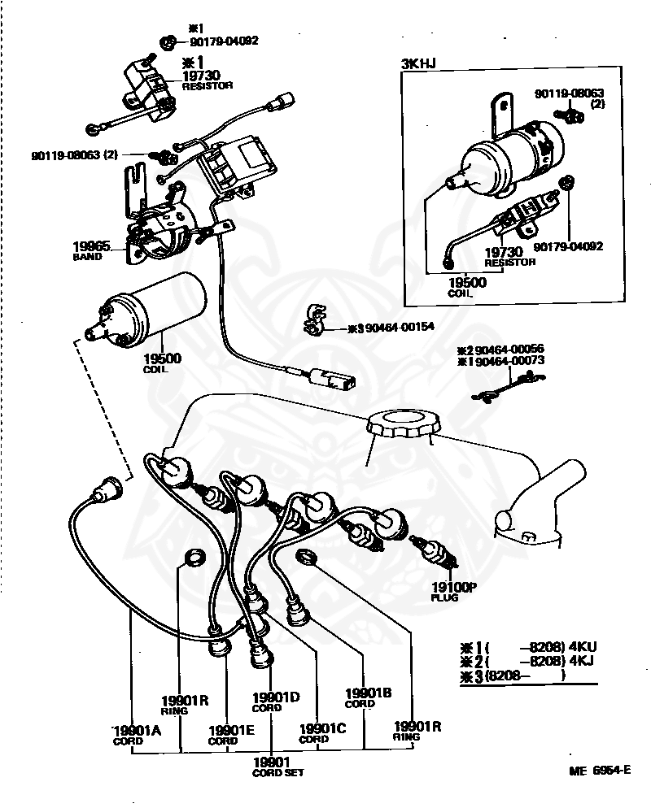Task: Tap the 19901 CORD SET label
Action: click(x=277, y=765)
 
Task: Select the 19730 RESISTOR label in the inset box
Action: click(x=509, y=256)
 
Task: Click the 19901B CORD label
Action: click(x=368, y=697)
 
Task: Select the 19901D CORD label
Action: click(x=276, y=701)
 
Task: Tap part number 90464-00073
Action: click(x=510, y=360)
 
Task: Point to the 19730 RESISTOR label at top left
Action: click(x=205, y=78)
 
